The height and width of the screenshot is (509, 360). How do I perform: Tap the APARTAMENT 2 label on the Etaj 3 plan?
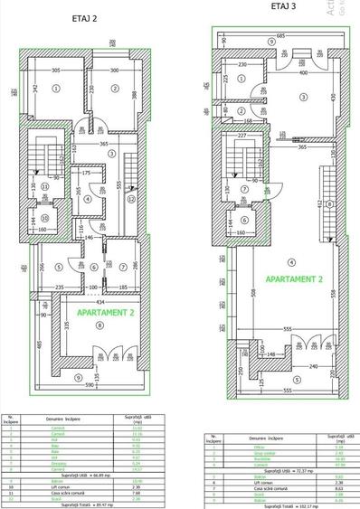pyautogui.click(x=282, y=279)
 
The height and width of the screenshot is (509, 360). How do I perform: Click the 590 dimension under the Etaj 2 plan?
pyautogui.click(x=88, y=384)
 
